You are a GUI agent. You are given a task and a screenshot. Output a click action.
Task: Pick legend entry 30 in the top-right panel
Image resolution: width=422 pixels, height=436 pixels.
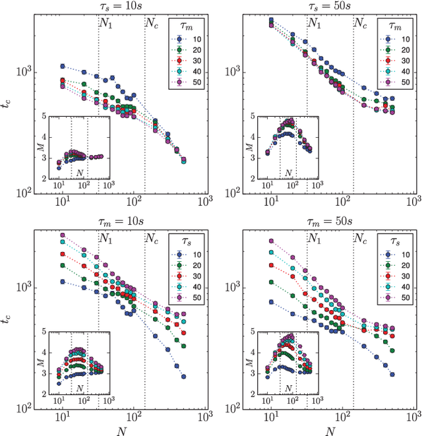(x=404, y=60)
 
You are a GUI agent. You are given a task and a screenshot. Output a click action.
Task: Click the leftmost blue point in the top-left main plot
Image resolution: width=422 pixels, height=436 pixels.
(x=63, y=66)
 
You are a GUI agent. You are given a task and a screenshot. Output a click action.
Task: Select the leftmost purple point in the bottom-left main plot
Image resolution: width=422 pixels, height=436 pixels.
(x=63, y=235)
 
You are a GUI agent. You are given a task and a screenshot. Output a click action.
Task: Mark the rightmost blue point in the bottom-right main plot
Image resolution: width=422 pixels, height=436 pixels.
(x=392, y=375)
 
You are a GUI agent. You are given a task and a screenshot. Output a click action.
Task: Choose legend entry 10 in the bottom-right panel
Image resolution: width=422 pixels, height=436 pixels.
(x=404, y=254)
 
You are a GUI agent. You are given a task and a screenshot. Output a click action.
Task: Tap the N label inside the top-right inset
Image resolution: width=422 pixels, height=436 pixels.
(x=287, y=173)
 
